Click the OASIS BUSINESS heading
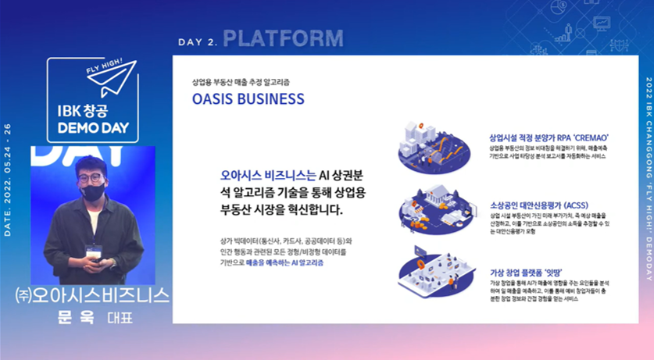click(x=248, y=99)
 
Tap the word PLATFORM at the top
click(x=283, y=38)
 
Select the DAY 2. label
click(x=197, y=41)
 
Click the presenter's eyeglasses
click(x=92, y=177)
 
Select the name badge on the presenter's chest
click(x=93, y=251)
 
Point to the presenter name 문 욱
click(x=75, y=318)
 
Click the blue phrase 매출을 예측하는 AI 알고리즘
click(x=284, y=285)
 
